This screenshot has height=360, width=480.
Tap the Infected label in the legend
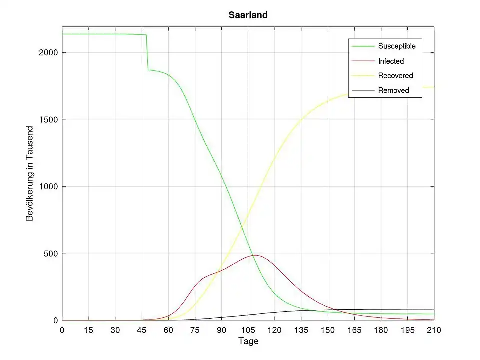(391, 61)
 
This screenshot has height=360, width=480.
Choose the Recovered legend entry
(395, 76)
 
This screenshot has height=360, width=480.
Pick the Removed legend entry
(393, 90)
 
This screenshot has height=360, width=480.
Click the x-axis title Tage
(248, 341)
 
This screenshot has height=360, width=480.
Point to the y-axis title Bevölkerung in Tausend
(30, 173)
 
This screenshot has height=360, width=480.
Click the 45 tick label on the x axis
(142, 330)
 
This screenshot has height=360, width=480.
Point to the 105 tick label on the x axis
(248, 330)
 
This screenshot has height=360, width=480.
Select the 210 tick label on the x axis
(434, 330)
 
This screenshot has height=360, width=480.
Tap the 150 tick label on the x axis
(328, 330)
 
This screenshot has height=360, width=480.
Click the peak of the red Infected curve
(255, 255)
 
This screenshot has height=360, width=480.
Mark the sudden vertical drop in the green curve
(147, 52)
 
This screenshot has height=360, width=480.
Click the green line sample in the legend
(362, 46)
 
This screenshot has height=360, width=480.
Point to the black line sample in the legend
(362, 90)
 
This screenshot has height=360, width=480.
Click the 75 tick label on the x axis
(195, 330)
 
